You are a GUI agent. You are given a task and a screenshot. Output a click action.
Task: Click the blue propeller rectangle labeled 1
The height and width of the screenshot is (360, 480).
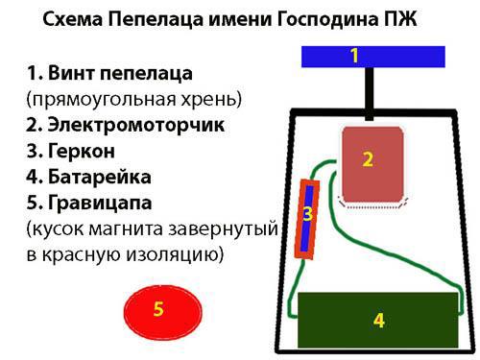point(373,57)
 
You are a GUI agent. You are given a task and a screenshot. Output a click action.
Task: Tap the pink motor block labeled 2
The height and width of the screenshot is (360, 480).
point(372,165)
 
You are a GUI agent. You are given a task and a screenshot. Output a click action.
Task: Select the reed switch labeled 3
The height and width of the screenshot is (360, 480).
point(307,219)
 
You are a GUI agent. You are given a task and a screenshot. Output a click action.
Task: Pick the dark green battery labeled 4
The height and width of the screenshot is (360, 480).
point(378,320)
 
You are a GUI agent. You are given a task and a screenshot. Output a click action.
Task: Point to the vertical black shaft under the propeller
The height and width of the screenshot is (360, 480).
point(370,94)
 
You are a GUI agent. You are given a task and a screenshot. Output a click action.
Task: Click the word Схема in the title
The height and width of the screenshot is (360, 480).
point(73,19)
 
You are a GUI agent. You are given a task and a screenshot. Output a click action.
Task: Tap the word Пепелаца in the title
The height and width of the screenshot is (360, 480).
point(156,20)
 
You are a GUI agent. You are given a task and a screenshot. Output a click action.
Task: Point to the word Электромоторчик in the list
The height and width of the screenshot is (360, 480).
point(136,125)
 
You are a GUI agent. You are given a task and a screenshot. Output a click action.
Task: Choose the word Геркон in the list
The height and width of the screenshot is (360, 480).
point(82,151)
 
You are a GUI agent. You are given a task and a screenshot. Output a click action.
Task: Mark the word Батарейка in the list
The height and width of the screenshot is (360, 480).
point(100,177)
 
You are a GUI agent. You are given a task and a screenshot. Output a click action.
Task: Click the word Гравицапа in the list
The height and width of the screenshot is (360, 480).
point(100,203)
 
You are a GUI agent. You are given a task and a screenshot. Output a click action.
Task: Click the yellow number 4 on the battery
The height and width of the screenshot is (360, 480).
point(379,321)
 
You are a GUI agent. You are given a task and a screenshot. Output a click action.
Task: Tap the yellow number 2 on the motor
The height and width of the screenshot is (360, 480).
point(368,159)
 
